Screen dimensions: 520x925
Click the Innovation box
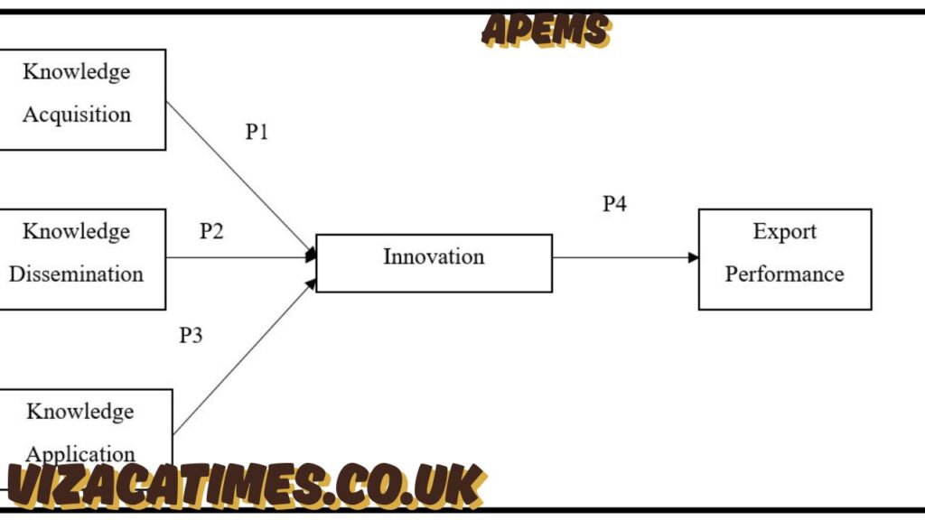point(434,263)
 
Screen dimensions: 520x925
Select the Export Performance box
point(784,259)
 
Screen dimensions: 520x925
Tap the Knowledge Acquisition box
point(81,99)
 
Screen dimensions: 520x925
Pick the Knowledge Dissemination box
point(81,259)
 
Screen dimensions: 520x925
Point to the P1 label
point(257,132)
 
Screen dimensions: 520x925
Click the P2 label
point(211,231)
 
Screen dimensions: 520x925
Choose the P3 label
point(191,336)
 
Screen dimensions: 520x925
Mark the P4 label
point(614,204)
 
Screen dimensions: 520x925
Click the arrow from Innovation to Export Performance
point(623,257)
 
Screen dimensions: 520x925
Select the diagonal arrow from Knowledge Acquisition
point(239,177)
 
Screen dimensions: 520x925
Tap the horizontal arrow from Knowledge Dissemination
point(239,257)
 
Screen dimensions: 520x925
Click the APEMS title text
point(546,30)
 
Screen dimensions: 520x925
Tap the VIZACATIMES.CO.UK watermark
point(244,486)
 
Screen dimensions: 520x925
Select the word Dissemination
point(77,274)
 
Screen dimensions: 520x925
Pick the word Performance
point(784,274)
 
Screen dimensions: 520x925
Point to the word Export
point(784,232)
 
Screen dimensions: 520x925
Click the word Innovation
point(434,256)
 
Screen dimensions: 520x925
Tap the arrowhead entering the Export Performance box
point(694,257)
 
